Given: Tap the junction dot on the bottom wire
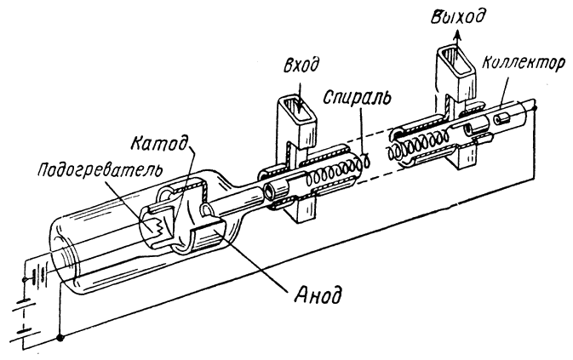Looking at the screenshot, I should point(59,339).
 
